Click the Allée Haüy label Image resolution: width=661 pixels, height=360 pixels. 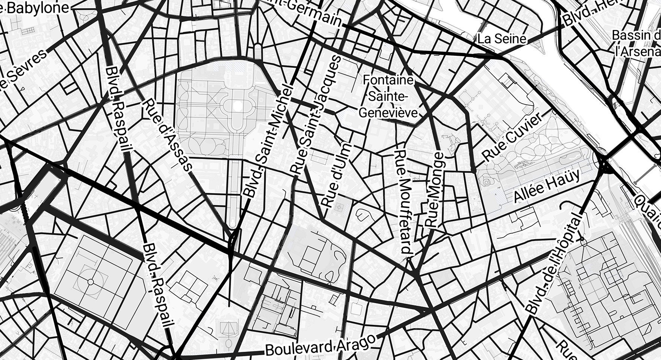pyautogui.click(x=547, y=185)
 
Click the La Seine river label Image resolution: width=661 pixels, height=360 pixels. pyautogui.click(x=502, y=38)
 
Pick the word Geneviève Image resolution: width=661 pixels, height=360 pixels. pyautogui.click(x=388, y=112)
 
